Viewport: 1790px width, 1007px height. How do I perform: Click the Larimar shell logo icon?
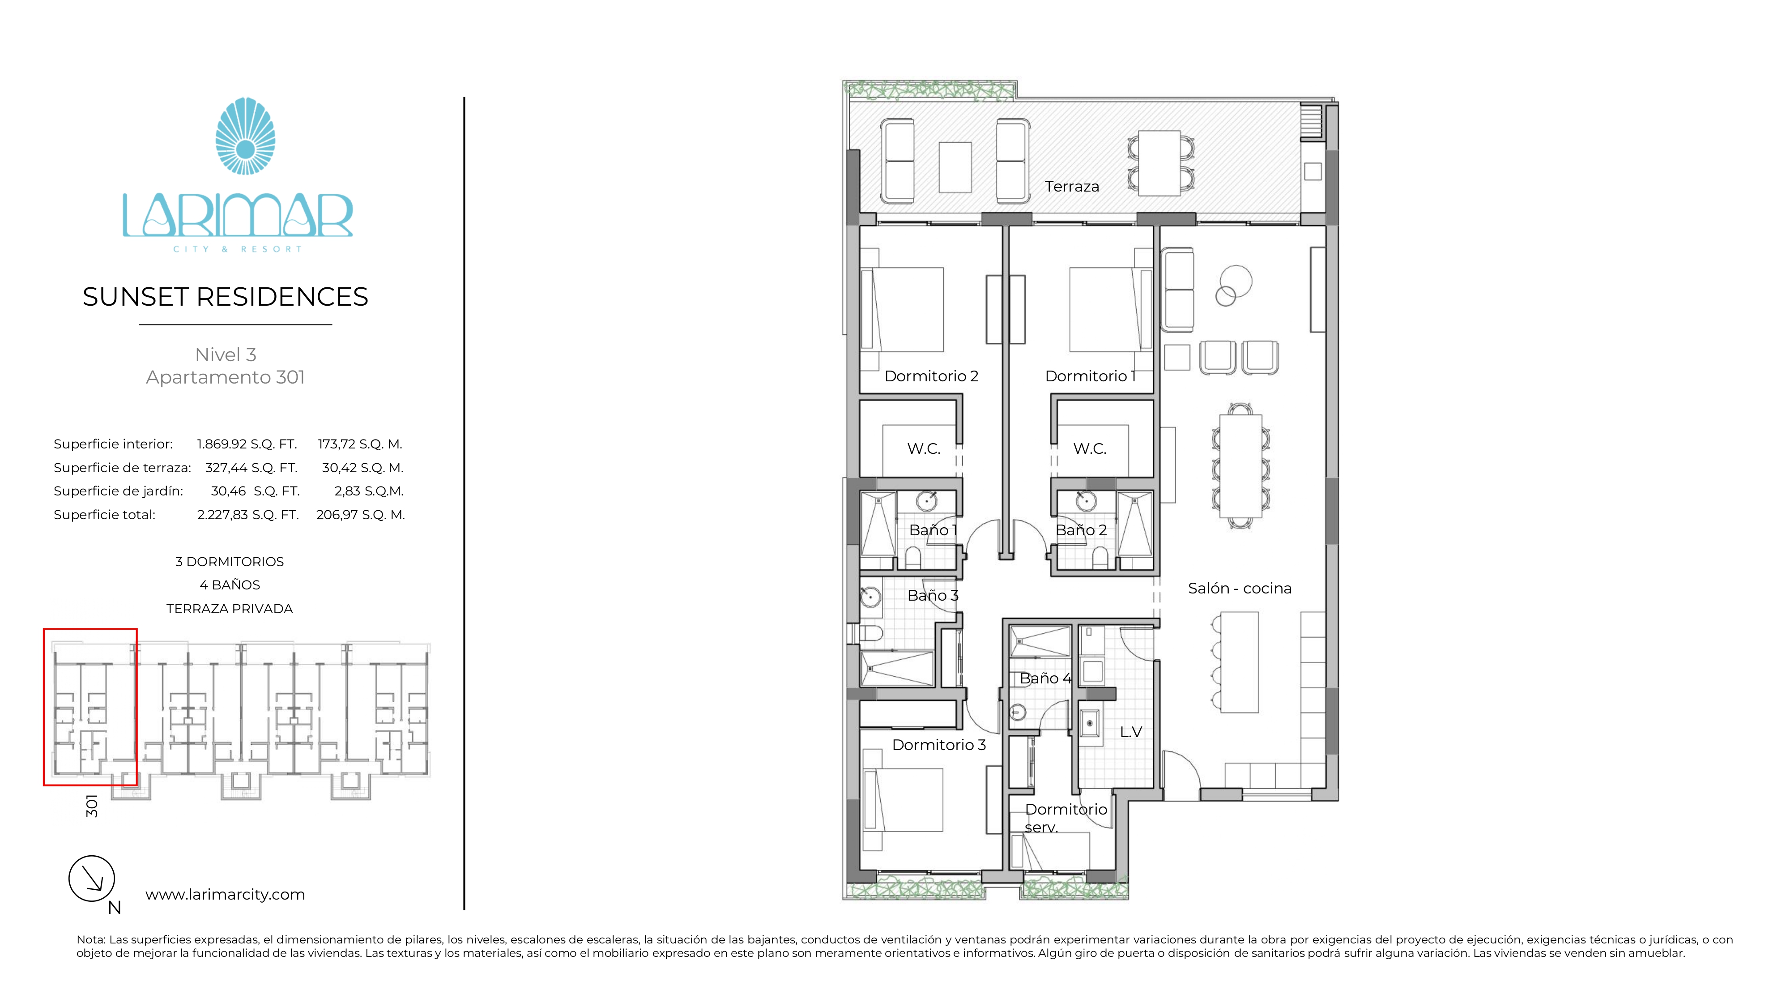click(x=245, y=136)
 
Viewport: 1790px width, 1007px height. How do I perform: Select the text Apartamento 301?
click(x=225, y=377)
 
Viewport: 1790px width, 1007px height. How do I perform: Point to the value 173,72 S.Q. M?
click(x=360, y=444)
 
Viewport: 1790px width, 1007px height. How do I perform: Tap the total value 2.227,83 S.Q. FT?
click(x=247, y=515)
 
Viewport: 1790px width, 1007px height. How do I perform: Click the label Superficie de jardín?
click(x=118, y=491)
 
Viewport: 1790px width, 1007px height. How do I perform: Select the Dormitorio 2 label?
click(x=931, y=376)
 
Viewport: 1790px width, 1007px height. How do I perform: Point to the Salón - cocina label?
click(x=1240, y=588)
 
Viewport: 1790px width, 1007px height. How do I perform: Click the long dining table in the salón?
click(x=1240, y=465)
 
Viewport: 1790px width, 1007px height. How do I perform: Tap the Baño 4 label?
click(x=1045, y=678)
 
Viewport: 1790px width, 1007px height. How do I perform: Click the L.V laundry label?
click(x=1130, y=732)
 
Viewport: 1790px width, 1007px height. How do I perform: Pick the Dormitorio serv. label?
click(x=1065, y=817)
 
